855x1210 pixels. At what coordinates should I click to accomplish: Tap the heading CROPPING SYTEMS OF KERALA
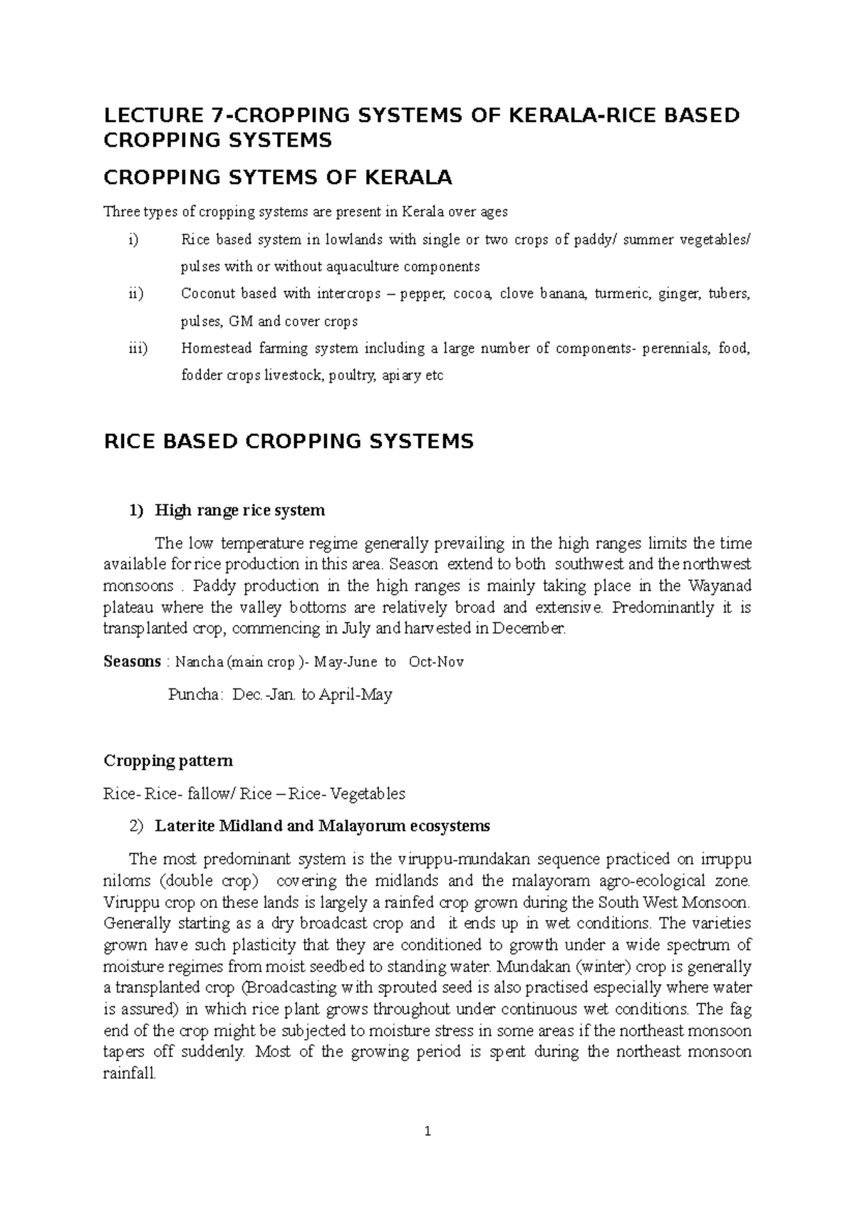278,177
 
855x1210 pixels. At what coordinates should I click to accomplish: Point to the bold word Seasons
132,661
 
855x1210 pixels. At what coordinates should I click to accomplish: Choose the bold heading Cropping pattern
168,760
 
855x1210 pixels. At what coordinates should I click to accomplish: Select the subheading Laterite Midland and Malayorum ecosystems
322,826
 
